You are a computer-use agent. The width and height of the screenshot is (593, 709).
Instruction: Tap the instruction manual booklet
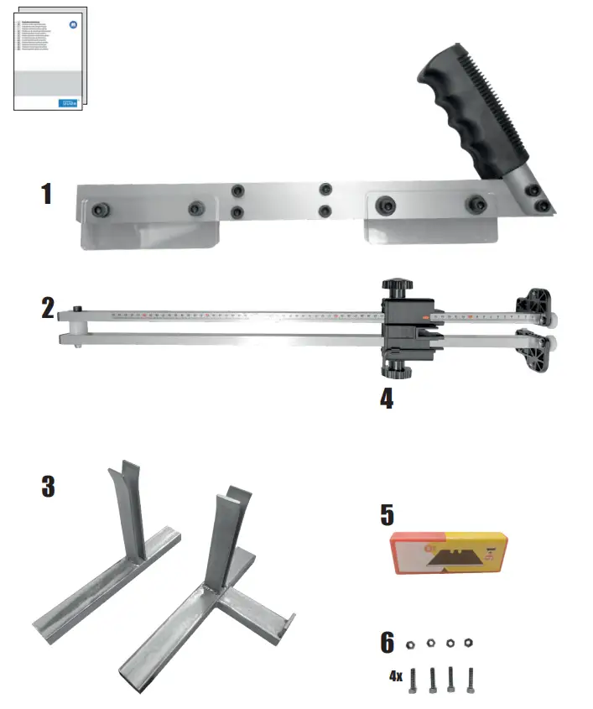coord(49,59)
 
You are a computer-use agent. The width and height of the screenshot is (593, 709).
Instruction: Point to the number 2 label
coord(49,308)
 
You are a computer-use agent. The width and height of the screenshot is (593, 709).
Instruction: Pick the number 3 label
coord(49,485)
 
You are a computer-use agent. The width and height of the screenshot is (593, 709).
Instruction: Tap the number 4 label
coord(386,397)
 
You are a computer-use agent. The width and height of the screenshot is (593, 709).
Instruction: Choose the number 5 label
coord(386,514)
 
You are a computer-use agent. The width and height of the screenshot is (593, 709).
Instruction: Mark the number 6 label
coord(387,643)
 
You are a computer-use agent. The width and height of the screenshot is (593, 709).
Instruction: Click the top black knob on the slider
coord(397,288)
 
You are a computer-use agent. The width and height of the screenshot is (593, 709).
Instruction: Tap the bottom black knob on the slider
coord(397,369)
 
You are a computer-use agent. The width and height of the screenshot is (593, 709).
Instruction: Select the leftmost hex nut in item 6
coord(411,644)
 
